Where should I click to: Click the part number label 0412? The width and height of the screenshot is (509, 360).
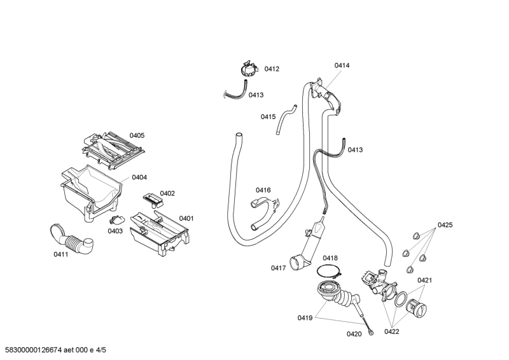[x=272, y=69]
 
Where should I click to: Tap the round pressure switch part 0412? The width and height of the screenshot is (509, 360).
[x=249, y=69]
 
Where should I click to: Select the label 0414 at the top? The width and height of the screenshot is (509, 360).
[x=342, y=65]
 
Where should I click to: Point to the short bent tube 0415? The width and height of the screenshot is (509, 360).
[x=286, y=120]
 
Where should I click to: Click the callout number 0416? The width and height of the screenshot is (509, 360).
[x=263, y=190]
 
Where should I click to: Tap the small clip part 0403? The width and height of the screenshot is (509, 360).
[x=116, y=221]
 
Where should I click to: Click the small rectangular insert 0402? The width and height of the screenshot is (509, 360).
[x=152, y=200]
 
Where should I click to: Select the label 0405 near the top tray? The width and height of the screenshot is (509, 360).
[x=137, y=135]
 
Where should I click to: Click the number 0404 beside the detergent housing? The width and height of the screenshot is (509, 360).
[x=139, y=177]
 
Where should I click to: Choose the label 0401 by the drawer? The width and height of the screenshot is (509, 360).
[x=186, y=218]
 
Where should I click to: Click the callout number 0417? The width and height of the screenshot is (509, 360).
[x=278, y=268]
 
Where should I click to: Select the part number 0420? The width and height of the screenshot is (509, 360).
[x=354, y=333]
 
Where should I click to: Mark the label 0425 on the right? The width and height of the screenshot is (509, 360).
[x=445, y=225]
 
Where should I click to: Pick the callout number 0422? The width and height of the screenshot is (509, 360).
[x=392, y=331]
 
